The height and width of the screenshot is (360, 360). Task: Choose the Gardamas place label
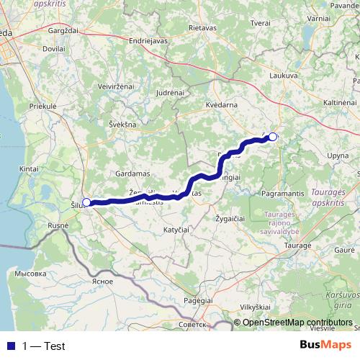point(131,174)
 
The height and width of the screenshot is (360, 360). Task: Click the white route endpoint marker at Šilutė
point(86,202)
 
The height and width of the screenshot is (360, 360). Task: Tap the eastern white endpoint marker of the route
point(273,136)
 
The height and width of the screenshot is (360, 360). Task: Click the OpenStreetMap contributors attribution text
point(297,323)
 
